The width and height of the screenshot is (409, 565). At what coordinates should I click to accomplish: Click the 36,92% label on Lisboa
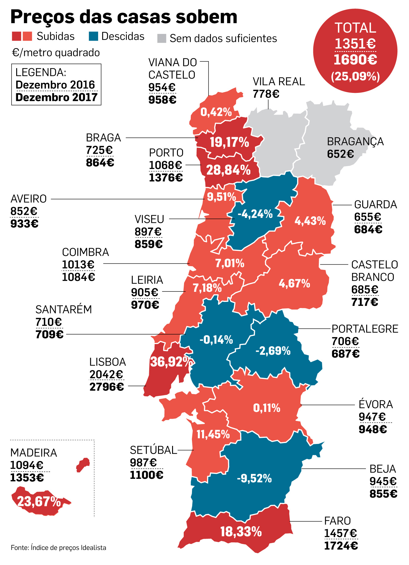pyautogui.click(x=171, y=362)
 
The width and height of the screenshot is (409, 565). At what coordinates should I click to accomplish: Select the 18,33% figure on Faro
pyautogui.click(x=241, y=532)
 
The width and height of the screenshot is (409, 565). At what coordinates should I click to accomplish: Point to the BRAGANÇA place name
pyautogui.click(x=355, y=141)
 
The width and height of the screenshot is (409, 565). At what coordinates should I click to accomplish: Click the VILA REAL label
pyautogui.click(x=279, y=82)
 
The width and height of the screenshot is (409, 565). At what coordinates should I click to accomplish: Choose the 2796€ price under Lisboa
pyautogui.click(x=107, y=387)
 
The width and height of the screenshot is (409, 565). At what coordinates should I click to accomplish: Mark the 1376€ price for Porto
pyautogui.click(x=166, y=177)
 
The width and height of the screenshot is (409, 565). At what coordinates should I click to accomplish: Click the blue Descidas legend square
pyautogui.click(x=93, y=36)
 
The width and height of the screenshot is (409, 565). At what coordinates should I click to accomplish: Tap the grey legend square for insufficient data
pyautogui.click(x=162, y=39)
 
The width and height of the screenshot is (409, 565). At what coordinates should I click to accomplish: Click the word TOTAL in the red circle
pyautogui.click(x=355, y=28)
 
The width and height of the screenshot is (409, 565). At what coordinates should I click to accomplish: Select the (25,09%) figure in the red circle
pyautogui.click(x=355, y=76)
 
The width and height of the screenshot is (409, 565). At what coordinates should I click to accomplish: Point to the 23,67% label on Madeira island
pyautogui.click(x=39, y=501)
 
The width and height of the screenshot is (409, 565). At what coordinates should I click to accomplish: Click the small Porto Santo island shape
pyautogui.click(x=83, y=465)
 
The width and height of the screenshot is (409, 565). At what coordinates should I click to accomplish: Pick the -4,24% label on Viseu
pyautogui.click(x=255, y=214)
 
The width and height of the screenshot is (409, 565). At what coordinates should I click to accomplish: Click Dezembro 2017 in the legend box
pyautogui.click(x=56, y=97)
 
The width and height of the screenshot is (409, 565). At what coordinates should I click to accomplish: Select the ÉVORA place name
pyautogui.click(x=376, y=404)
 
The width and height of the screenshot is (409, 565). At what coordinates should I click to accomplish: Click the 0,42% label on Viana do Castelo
pyautogui.click(x=216, y=112)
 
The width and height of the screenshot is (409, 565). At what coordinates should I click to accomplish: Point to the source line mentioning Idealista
pyautogui.click(x=58, y=548)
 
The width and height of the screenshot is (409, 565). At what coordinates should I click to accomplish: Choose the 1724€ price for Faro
pyautogui.click(x=341, y=545)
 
